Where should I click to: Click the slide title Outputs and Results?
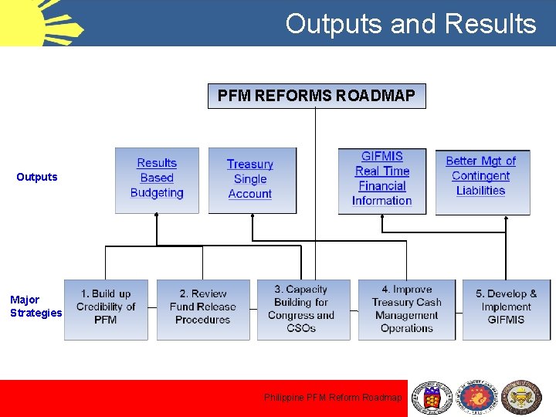point(410,24)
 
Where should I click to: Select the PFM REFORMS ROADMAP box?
point(317,96)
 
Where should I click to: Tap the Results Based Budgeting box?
point(157,179)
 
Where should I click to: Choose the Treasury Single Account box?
point(252,180)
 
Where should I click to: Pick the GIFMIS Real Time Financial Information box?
point(382,179)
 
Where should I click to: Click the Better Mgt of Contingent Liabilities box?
point(482,180)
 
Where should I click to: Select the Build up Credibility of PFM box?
point(106,309)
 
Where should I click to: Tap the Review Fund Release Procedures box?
point(203,309)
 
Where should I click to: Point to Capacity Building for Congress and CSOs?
point(301,309)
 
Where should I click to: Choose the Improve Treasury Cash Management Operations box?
point(406,309)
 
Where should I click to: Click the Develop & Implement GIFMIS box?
point(506,309)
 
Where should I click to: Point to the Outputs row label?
point(37,177)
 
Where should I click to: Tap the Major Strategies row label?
point(36,306)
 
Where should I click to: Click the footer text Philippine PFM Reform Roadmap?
point(333,398)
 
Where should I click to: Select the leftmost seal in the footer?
point(432,398)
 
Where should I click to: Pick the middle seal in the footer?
point(479,398)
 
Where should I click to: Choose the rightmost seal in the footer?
point(522,398)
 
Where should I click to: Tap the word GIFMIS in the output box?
point(382,156)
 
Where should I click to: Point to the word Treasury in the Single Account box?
point(250,164)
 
